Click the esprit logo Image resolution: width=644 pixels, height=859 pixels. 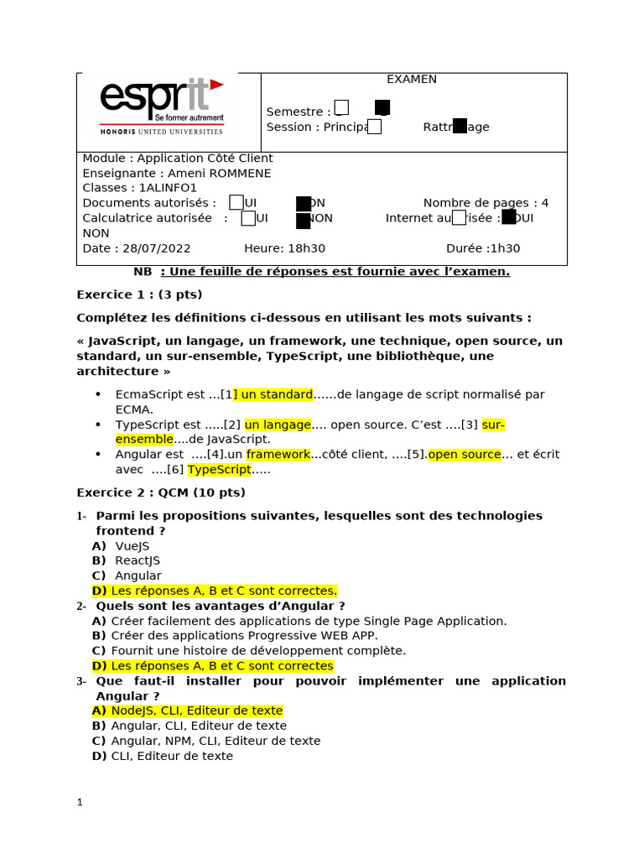(x=162, y=106)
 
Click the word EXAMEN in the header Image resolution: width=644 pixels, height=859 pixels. (x=411, y=80)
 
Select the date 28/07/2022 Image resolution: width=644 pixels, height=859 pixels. (x=157, y=248)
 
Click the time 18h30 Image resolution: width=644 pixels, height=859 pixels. (x=307, y=248)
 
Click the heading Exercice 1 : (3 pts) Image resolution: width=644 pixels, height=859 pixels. (x=139, y=294)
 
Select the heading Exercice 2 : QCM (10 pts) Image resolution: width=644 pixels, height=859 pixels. (x=161, y=492)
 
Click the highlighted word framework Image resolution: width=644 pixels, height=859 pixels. (x=278, y=455)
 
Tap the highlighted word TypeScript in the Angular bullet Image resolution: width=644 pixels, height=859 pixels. (x=220, y=470)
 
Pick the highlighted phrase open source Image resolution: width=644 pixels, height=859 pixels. (x=465, y=455)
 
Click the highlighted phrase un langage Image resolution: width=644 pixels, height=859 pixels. (x=278, y=424)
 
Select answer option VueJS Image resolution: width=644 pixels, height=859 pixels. (x=132, y=546)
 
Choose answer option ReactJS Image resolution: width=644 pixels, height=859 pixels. (x=137, y=561)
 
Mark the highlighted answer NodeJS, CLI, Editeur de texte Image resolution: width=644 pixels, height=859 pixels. (x=197, y=711)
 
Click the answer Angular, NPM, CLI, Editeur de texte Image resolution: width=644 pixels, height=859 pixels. (x=216, y=742)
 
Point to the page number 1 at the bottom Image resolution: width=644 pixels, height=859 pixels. (x=80, y=803)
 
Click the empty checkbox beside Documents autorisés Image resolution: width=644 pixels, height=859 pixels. (x=236, y=202)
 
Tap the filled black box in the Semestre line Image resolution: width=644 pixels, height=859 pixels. (x=382, y=107)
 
